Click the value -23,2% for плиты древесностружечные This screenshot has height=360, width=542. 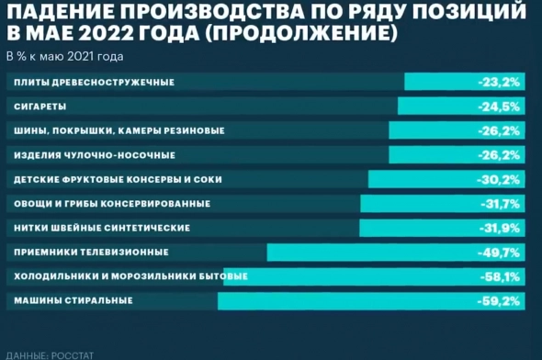(500, 83)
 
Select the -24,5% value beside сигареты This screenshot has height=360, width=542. (500, 107)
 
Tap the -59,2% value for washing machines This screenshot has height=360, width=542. (500, 300)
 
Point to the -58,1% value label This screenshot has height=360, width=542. (500, 276)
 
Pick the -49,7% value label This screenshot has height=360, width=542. (500, 252)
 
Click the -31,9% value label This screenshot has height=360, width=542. (500, 228)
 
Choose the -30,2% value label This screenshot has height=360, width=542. (500, 179)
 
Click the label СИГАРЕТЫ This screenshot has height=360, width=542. (40, 107)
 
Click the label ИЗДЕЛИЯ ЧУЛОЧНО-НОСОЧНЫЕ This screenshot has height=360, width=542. (96, 155)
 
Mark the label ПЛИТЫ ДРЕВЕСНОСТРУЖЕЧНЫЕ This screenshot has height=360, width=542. (95, 83)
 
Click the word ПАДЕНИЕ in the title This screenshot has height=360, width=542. (62, 14)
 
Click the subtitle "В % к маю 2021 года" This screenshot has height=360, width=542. (64, 56)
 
